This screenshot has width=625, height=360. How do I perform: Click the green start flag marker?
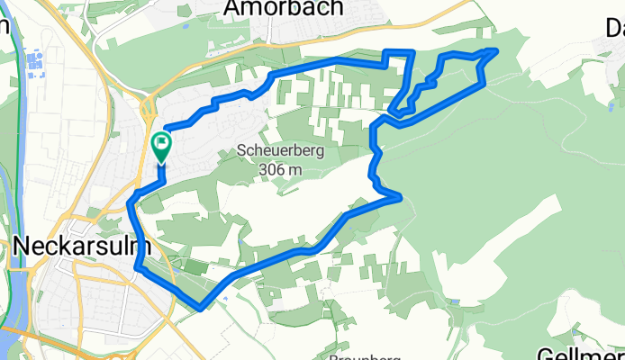[161, 145]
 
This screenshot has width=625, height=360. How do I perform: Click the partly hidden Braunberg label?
[365, 357]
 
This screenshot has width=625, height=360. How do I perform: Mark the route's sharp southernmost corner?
[200, 308]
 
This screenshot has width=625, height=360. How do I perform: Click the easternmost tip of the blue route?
[496, 50]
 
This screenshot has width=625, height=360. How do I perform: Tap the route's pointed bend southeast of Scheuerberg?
[398, 196]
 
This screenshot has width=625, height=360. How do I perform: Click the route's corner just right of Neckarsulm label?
[139, 266]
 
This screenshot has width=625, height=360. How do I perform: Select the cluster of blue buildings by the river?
[35, 64]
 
